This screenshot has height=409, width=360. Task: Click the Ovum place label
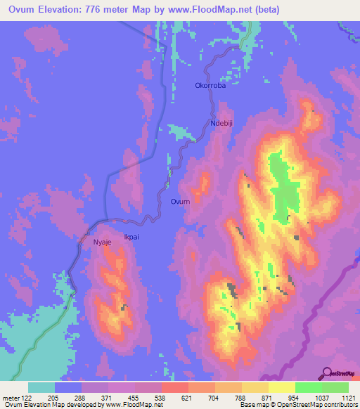pyautogui.click(x=180, y=202)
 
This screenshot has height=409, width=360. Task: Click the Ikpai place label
pyautogui.click(x=131, y=237)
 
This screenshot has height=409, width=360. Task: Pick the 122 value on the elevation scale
pyautogui.click(x=28, y=398)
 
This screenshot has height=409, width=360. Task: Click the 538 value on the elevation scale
pyautogui.click(x=161, y=398)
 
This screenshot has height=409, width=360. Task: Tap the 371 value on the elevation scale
pyautogui.click(x=108, y=398)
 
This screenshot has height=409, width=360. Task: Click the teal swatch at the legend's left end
pyautogui.click(x=41, y=387)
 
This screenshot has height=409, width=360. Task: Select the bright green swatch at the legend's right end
pyautogui.click(x=335, y=387)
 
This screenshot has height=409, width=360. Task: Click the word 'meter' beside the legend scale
pyautogui.click(x=11, y=398)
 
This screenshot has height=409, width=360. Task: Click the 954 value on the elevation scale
pyautogui.click(x=295, y=398)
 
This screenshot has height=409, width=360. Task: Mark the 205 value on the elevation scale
pyautogui.click(x=54, y=398)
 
